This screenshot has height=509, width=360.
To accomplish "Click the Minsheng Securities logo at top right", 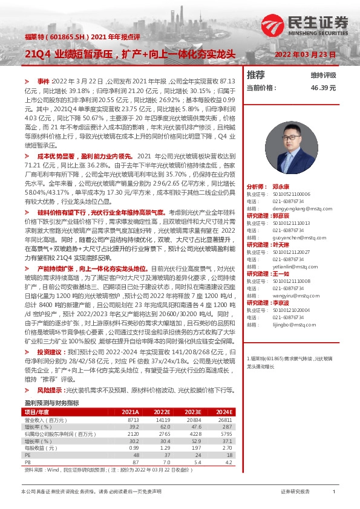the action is coord(306,22).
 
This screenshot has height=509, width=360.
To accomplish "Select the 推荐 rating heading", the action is coord(256,75).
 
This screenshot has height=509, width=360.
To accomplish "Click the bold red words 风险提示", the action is coord(51,391).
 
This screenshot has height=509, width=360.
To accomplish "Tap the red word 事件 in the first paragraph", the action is coord(43,80).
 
